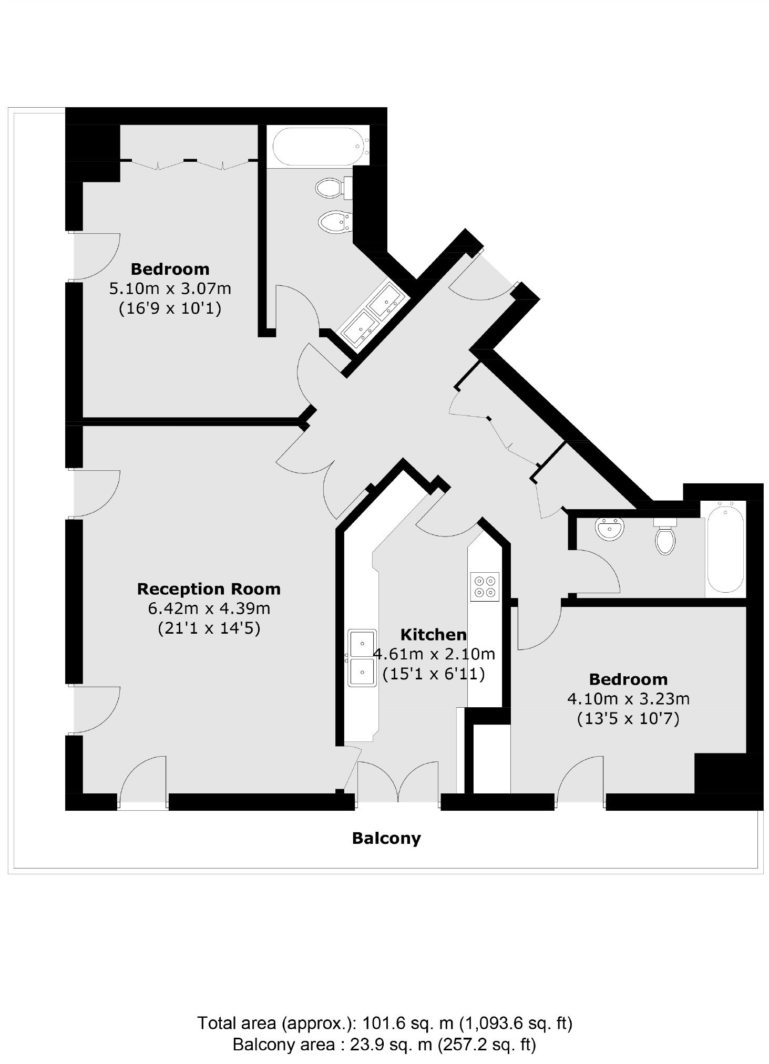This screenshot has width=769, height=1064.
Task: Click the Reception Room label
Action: (209, 589)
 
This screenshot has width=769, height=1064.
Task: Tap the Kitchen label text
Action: (434, 635)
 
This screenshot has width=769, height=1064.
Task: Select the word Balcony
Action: (386, 838)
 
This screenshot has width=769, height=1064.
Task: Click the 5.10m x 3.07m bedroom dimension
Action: (170, 288)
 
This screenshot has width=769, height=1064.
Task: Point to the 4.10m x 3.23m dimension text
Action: (628, 699)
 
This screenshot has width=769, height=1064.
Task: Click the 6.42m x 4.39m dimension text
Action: (209, 608)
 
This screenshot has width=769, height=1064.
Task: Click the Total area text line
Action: (385, 1024)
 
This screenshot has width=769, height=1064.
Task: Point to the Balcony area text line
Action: (385, 1045)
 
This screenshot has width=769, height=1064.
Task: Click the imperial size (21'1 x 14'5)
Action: (209, 628)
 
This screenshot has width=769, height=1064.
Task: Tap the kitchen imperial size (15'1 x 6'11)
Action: (434, 674)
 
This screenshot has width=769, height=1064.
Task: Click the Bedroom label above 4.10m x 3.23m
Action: (628, 679)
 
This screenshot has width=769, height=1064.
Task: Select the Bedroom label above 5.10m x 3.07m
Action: (170, 269)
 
